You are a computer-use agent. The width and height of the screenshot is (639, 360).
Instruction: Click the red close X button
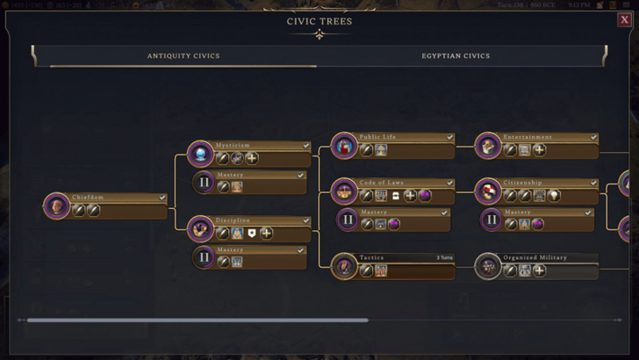pos(624,20)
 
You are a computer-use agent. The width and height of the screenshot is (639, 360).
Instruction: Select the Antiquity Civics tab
pos(183,56)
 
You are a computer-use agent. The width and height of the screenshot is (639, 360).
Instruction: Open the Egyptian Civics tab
pos(456,56)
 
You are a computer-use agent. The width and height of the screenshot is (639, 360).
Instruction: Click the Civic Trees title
pos(319,21)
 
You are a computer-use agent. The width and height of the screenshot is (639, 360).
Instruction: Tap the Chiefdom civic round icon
pos(56,206)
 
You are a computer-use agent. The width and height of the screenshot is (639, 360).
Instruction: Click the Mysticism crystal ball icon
pos(200,154)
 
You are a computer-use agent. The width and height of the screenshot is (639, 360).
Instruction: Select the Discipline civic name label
pos(233,220)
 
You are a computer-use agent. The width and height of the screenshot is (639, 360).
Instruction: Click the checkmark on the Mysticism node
pos(305,146)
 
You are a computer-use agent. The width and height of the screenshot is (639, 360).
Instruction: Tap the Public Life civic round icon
pos(344,146)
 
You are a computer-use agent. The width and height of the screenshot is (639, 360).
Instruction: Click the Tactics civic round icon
pos(344,266)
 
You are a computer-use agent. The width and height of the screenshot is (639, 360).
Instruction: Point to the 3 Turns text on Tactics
pos(444,257)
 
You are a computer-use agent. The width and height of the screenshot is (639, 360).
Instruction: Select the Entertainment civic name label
pos(528,137)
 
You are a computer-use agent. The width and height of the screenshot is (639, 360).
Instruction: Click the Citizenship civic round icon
pos(488,191)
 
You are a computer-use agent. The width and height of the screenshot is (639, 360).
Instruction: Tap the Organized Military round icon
pos(488,266)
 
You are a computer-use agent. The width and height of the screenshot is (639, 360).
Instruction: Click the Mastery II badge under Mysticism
pos(204,183)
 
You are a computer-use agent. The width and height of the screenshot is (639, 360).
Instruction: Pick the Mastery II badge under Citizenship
pos(492,220)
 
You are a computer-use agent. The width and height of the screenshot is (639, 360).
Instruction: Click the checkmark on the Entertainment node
pos(593,137)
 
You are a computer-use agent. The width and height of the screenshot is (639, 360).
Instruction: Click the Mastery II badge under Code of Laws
pos(348,220)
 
